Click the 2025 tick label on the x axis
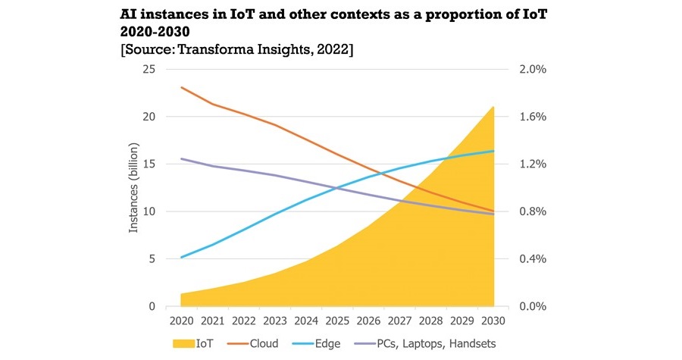coord(337,321)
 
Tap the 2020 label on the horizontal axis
coord(182,321)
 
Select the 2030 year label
coord(493,321)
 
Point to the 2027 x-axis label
coord(399,321)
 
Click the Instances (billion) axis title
coord(133,188)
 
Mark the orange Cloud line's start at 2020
coord(182,87)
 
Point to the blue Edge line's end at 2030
coord(493,151)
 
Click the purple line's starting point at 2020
coord(182,158)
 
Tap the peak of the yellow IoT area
coord(493,107)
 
